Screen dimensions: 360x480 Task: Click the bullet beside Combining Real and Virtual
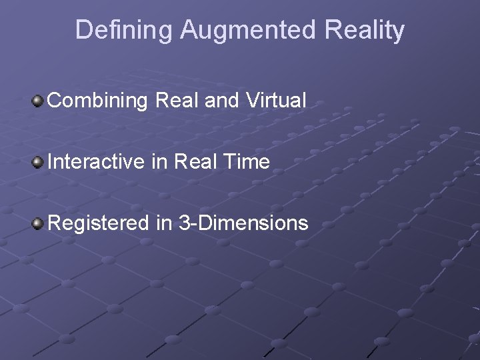pyautogui.click(x=39, y=101)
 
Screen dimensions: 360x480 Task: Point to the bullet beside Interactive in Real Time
pyautogui.click(x=39, y=162)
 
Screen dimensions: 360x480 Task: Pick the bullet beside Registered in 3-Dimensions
pyautogui.click(x=39, y=223)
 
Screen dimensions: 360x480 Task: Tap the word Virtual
pyautogui.click(x=276, y=101)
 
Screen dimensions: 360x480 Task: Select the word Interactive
pyautogui.click(x=95, y=162)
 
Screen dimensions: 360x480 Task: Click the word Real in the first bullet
pyautogui.click(x=177, y=101)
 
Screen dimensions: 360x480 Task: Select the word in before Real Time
pyautogui.click(x=159, y=162)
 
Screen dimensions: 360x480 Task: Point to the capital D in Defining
pyautogui.click(x=83, y=31)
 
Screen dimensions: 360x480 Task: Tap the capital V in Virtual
pyautogui.click(x=252, y=101)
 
